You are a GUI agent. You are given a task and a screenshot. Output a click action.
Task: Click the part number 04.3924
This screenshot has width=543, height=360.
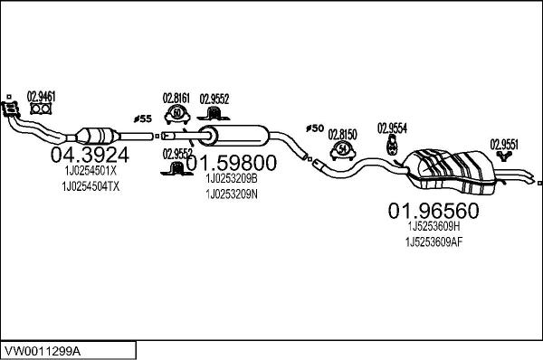pos(88,154)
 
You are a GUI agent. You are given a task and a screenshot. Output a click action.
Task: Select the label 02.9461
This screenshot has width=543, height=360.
pos(41,94)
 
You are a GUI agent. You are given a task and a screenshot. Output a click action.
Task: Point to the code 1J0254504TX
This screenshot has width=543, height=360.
pos(90,186)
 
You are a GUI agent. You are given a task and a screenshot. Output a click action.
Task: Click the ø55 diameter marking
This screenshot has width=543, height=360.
pos(141,118)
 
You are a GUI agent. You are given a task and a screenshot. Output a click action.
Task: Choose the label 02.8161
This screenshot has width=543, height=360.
pos(176,98)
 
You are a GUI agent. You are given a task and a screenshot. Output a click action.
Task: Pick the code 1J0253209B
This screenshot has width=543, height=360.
pos(232,179)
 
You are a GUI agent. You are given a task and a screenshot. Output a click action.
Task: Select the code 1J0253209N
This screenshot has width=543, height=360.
pos(232,194)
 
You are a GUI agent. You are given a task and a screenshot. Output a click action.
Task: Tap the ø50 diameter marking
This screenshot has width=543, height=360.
pos(314,128)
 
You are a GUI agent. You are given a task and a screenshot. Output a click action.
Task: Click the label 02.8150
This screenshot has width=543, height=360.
pos(342,131)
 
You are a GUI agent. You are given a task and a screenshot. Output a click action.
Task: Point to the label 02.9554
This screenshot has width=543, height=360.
pos(392,127)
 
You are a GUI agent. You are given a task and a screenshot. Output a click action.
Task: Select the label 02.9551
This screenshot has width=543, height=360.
pos(504,143)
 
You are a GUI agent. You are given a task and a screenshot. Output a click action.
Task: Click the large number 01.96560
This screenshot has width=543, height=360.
pos(433,211)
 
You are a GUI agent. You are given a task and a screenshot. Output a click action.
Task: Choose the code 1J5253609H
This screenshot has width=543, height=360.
pos(433,227)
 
